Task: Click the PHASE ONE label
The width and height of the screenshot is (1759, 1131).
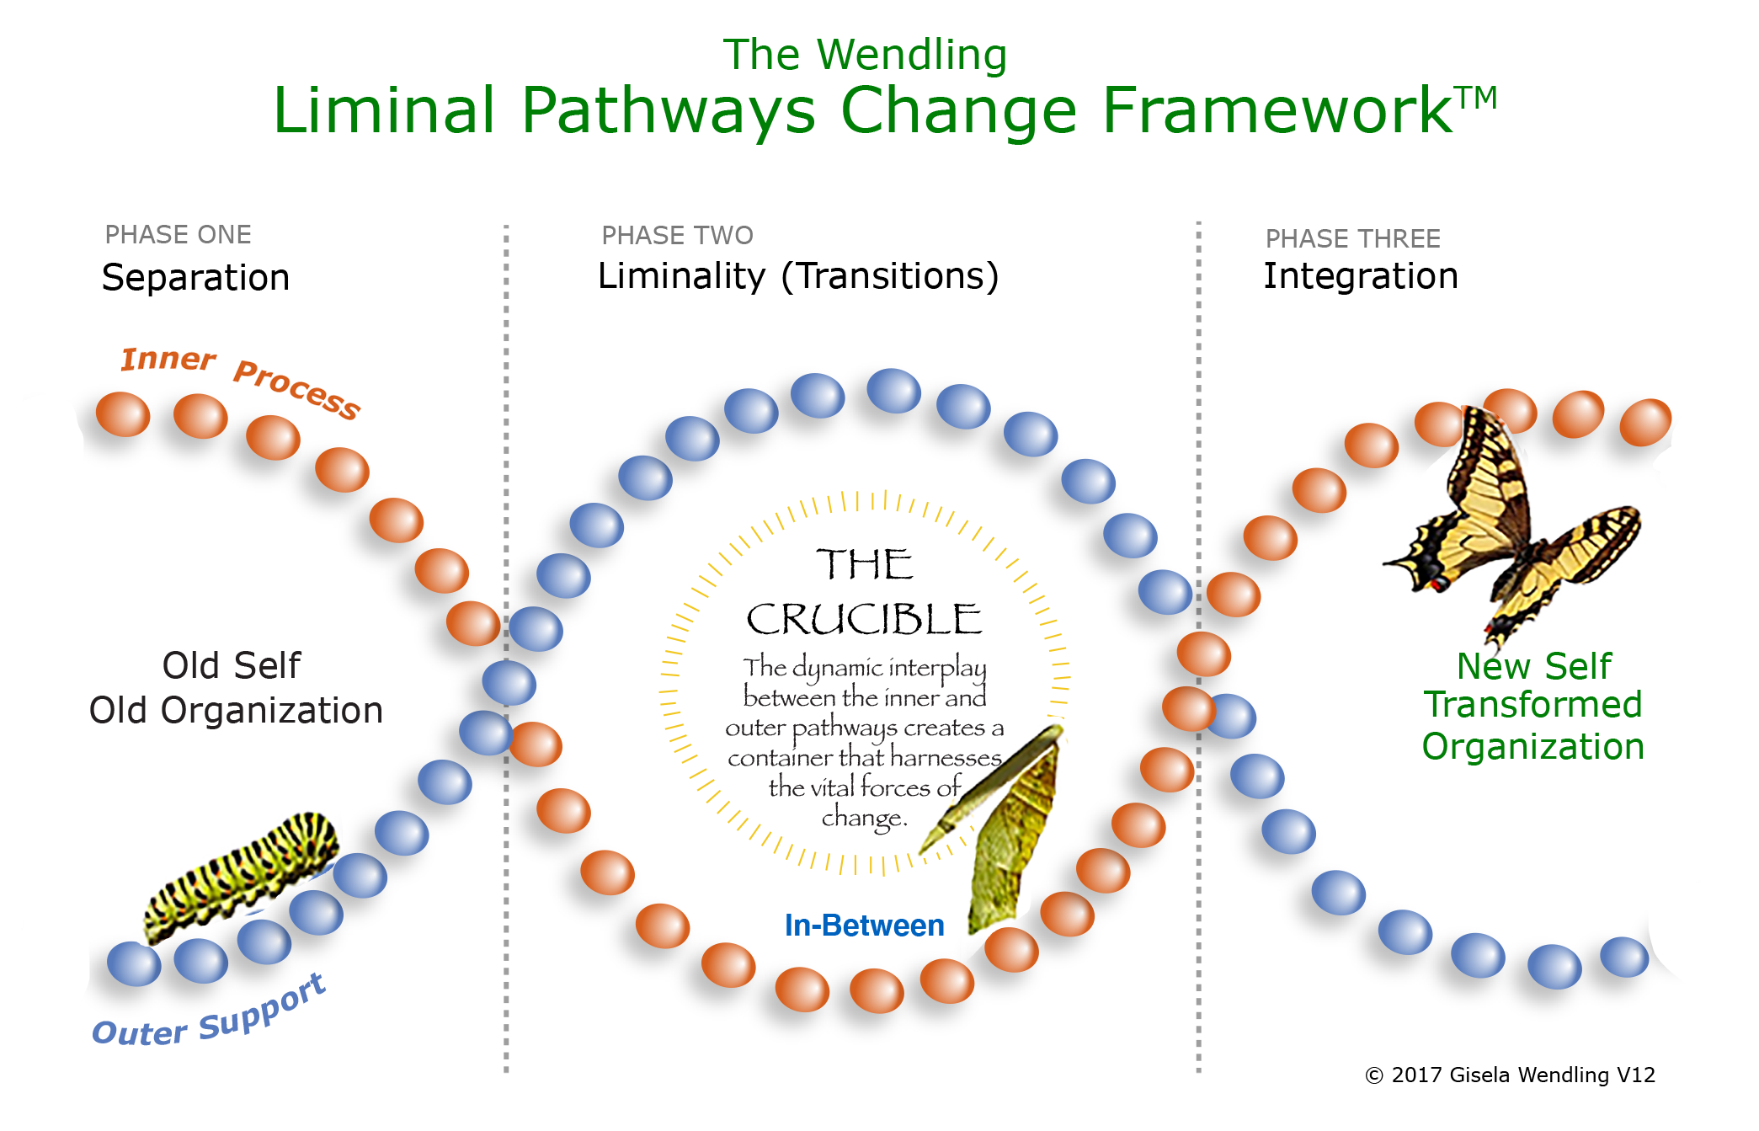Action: pyautogui.click(x=178, y=235)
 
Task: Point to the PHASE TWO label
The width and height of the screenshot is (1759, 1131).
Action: pyautogui.click(x=677, y=236)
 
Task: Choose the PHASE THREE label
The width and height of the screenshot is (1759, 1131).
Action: pyautogui.click(x=1352, y=239)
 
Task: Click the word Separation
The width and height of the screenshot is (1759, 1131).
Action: pyautogui.click(x=195, y=278)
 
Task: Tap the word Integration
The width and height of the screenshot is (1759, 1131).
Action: pyautogui.click(x=1360, y=276)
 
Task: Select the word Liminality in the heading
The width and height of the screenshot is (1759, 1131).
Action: pyautogui.click(x=681, y=276)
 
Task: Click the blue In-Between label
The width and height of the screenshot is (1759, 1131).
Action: pyautogui.click(x=864, y=926)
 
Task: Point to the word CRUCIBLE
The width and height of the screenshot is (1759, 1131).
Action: pyautogui.click(x=864, y=620)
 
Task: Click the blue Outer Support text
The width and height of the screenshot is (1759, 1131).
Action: pyautogui.click(x=209, y=1015)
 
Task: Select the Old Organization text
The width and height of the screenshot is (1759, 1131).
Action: pyautogui.click(x=236, y=711)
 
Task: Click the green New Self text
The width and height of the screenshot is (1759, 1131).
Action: pyautogui.click(x=1533, y=666)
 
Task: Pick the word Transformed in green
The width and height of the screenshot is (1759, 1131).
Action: pyautogui.click(x=1532, y=705)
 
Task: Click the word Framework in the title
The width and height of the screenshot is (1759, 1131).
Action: pyautogui.click(x=1276, y=111)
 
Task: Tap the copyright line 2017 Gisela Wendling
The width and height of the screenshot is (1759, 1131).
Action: pyautogui.click(x=1509, y=1075)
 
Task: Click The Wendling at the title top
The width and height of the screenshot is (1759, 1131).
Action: pyautogui.click(x=865, y=56)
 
